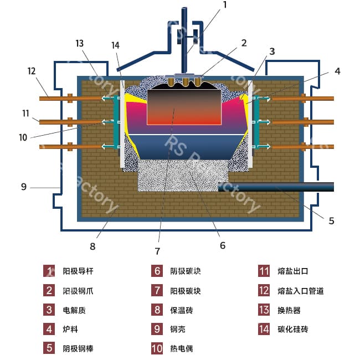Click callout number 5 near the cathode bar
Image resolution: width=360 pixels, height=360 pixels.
tap(331, 220)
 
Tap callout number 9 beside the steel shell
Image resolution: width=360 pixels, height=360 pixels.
tap(23, 187)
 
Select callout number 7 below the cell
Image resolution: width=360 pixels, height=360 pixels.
tap(157, 251)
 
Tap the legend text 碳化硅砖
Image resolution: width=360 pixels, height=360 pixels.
tap(292, 330)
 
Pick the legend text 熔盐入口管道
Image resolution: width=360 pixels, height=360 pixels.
tap(300, 291)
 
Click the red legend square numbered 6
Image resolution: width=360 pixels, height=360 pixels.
tap(158, 271)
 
